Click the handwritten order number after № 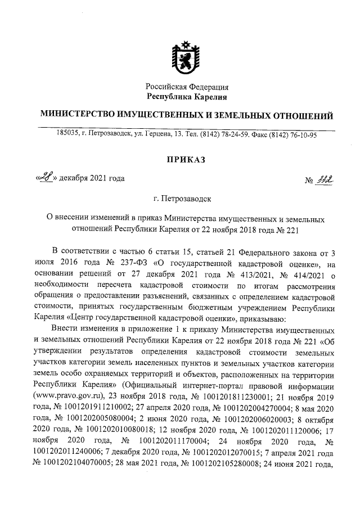click(326, 179)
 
